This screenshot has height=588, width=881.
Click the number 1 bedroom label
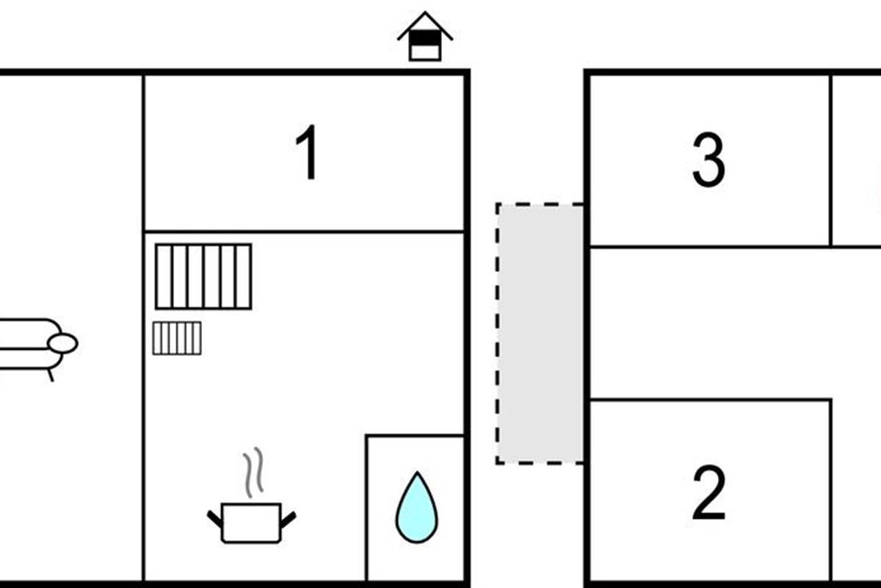click(x=308, y=152)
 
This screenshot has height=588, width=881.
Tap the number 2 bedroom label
click(x=708, y=492)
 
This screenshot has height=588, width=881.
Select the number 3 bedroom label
click(x=708, y=159)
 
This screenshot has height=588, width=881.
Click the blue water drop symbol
click(x=416, y=507)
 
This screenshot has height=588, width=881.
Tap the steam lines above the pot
click(x=253, y=472)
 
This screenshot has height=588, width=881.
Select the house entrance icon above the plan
click(x=425, y=36)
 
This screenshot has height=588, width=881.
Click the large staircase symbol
click(x=203, y=276)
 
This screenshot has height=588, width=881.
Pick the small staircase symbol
click(x=177, y=338)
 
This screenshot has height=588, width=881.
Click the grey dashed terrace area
click(x=540, y=334)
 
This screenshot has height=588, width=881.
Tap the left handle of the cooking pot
click(x=214, y=520)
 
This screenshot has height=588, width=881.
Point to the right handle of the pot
click(x=289, y=520)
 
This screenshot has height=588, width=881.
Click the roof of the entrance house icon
click(x=425, y=26)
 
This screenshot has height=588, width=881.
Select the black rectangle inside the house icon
click(x=425, y=37)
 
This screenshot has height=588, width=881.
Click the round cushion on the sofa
click(x=63, y=343)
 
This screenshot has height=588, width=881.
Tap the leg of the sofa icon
click(x=51, y=376)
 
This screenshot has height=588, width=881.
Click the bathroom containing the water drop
click(x=416, y=508)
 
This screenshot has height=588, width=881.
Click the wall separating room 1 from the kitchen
click(x=305, y=232)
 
